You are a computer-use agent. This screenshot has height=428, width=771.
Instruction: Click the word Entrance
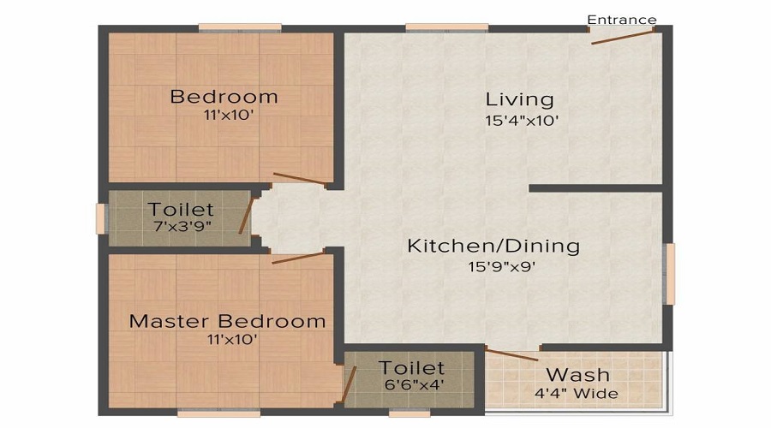click(622, 20)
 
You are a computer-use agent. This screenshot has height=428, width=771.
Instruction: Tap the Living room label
click(520, 98)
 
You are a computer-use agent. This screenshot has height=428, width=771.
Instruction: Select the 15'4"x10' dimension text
click(521, 121)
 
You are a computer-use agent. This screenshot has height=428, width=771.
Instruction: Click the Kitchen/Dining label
click(493, 247)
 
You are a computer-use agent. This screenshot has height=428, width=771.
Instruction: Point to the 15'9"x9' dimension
click(502, 266)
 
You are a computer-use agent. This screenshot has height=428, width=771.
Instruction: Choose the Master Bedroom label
click(227, 322)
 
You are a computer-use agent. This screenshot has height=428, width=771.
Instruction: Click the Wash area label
click(578, 374)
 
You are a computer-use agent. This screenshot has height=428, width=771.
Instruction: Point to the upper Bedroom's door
click(300, 179)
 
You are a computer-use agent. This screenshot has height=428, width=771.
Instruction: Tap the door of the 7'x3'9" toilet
click(246, 214)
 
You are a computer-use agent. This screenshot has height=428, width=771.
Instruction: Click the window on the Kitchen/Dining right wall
click(670, 274)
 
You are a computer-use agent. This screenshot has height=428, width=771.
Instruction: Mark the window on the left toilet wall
click(100, 218)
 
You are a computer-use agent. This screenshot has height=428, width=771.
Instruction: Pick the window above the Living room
click(446, 27)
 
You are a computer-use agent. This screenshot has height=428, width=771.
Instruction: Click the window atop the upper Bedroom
click(230, 27)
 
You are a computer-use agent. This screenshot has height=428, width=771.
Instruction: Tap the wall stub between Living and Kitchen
click(596, 187)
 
